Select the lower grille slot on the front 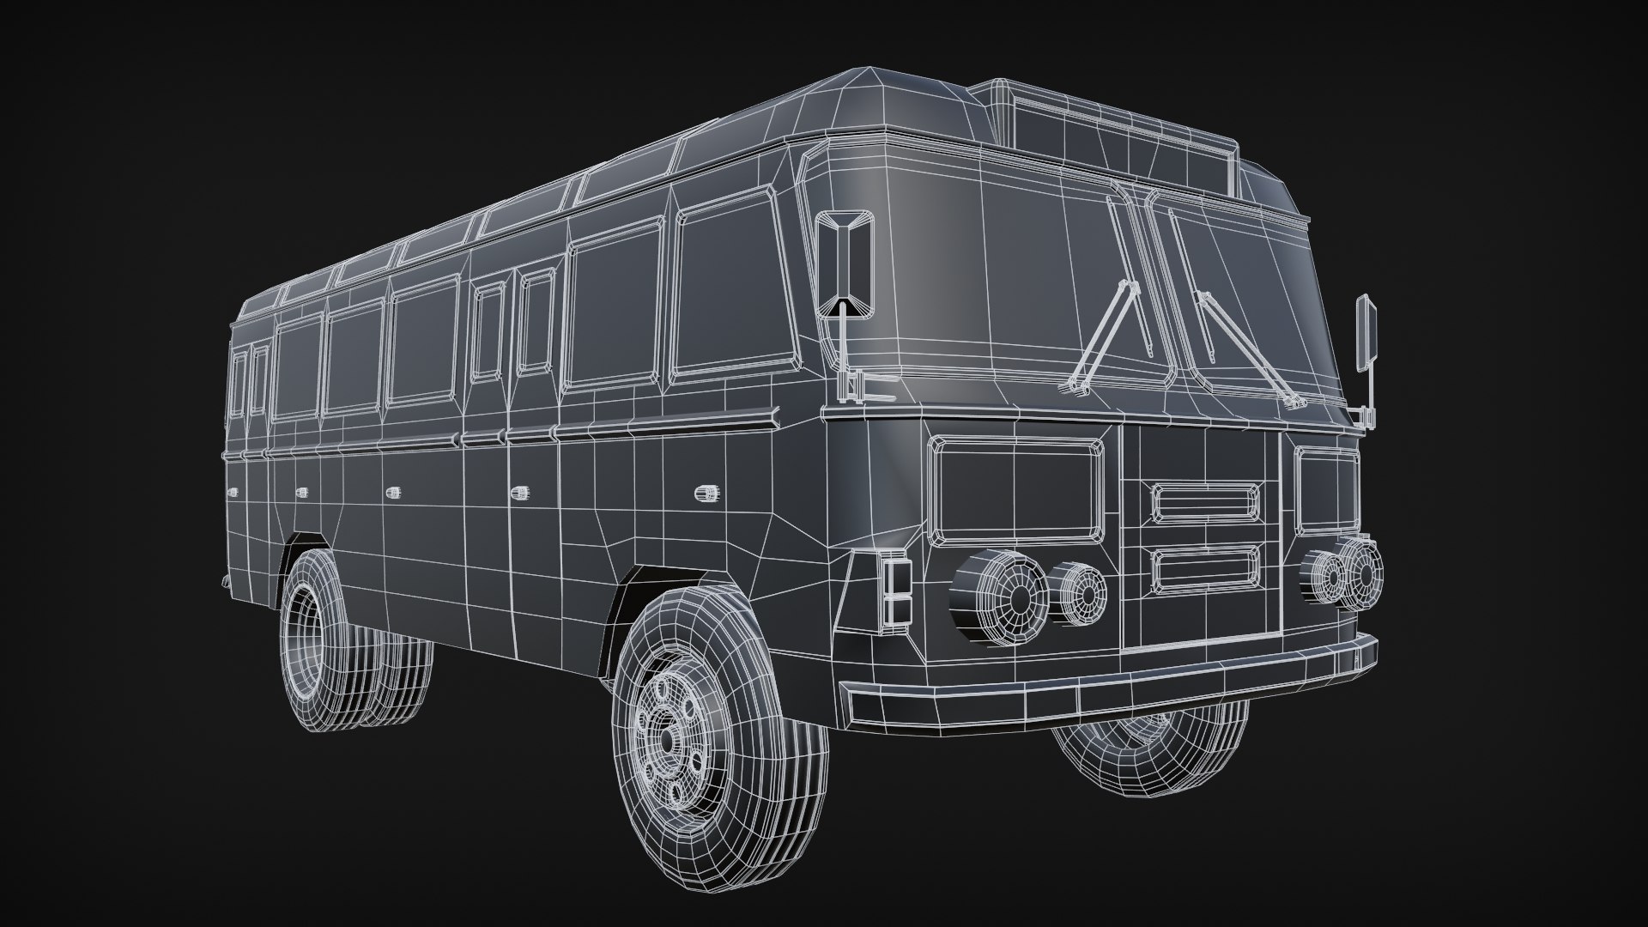click(1205, 572)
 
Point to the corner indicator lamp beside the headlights click(894, 591)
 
